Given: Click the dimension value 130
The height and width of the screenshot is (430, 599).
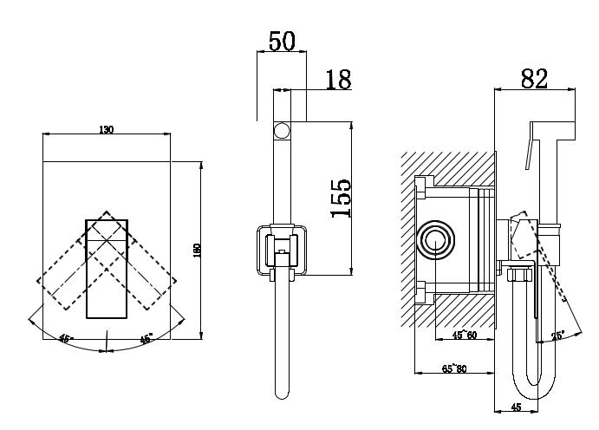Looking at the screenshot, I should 106,129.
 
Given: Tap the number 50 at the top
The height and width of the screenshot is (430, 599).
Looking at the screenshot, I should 281,41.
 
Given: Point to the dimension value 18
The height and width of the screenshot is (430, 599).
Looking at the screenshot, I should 337,80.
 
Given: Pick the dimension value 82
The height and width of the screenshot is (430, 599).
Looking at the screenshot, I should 535,78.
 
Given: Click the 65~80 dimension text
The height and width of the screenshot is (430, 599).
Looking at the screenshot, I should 453,369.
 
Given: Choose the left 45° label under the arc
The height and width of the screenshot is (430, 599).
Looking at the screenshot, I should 65,339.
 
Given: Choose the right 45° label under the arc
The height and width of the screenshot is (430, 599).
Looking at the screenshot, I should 146,339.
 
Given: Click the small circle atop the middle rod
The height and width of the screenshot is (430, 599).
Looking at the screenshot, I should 282,132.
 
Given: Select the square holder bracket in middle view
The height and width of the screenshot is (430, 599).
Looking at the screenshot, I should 282,249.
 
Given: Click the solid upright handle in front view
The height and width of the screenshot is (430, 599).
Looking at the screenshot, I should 107,269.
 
